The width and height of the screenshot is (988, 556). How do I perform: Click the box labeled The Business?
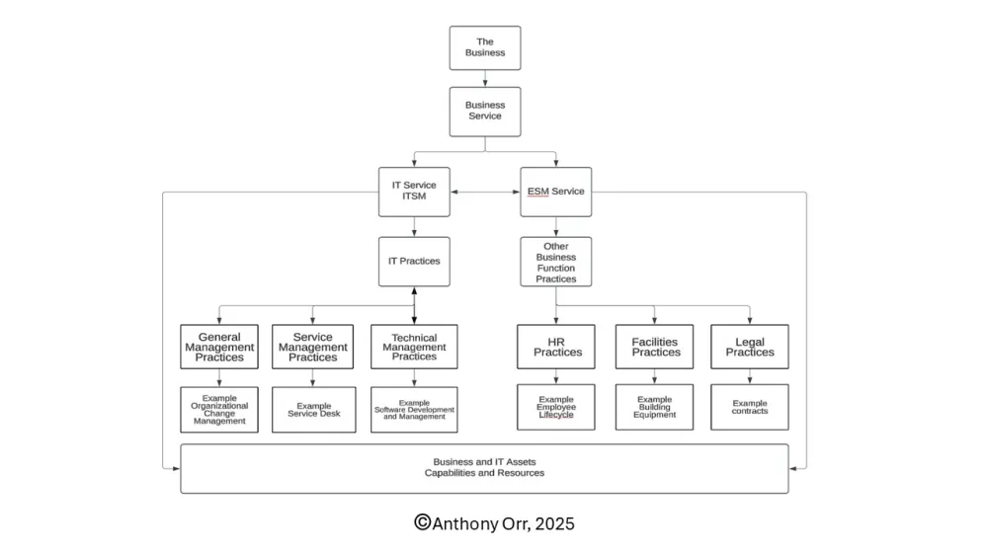tap(484, 47)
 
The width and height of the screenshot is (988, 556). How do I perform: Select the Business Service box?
tap(484, 111)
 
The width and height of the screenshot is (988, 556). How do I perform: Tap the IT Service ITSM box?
tap(414, 192)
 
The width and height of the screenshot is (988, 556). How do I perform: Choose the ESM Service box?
tap(555, 192)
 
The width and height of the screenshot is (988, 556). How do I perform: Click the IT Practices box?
tap(414, 262)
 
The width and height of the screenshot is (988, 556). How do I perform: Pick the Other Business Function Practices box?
tap(555, 262)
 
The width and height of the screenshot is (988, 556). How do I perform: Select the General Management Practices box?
tap(219, 347)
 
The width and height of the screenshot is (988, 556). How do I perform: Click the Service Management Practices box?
tap(312, 347)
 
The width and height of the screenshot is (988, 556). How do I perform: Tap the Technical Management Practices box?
tap(414, 347)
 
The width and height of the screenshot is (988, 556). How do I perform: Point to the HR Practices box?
tap(556, 347)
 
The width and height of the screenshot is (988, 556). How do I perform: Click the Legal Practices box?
tap(750, 347)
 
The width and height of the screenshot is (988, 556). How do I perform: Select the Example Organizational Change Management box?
tap(219, 409)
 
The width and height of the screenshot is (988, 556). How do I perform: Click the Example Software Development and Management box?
tap(414, 409)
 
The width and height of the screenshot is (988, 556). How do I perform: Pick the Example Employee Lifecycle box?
tap(556, 407)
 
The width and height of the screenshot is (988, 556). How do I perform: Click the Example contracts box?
tap(750, 407)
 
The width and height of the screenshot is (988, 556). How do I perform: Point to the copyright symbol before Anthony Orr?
tap(422, 523)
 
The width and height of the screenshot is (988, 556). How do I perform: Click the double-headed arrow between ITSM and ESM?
tap(485, 192)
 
